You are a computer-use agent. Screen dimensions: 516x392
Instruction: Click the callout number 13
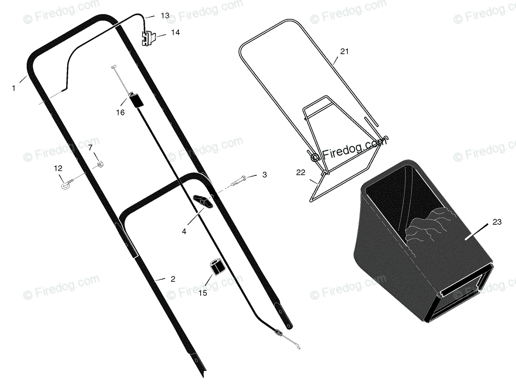(x=165, y=15)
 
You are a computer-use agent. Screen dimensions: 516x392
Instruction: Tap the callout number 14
(x=175, y=32)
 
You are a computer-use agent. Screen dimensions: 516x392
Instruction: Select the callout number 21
(x=344, y=51)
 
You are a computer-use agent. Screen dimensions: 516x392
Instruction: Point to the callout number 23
(x=497, y=222)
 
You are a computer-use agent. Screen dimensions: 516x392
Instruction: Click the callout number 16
(x=120, y=113)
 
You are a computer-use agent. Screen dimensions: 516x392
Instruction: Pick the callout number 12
(x=58, y=169)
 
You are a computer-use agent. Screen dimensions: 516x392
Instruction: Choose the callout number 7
(x=90, y=148)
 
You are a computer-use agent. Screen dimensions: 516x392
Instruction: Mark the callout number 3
(x=265, y=175)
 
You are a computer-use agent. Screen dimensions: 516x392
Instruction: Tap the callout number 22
(x=301, y=173)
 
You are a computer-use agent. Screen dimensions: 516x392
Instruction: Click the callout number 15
(x=203, y=293)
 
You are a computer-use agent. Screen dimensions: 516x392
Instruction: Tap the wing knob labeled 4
(x=203, y=201)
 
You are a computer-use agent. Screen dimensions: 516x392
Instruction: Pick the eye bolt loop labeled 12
(x=65, y=186)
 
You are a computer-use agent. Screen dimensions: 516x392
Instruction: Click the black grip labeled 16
(x=136, y=100)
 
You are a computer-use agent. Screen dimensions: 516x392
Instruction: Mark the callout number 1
(x=14, y=88)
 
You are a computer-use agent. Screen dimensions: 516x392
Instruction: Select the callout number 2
(x=173, y=279)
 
